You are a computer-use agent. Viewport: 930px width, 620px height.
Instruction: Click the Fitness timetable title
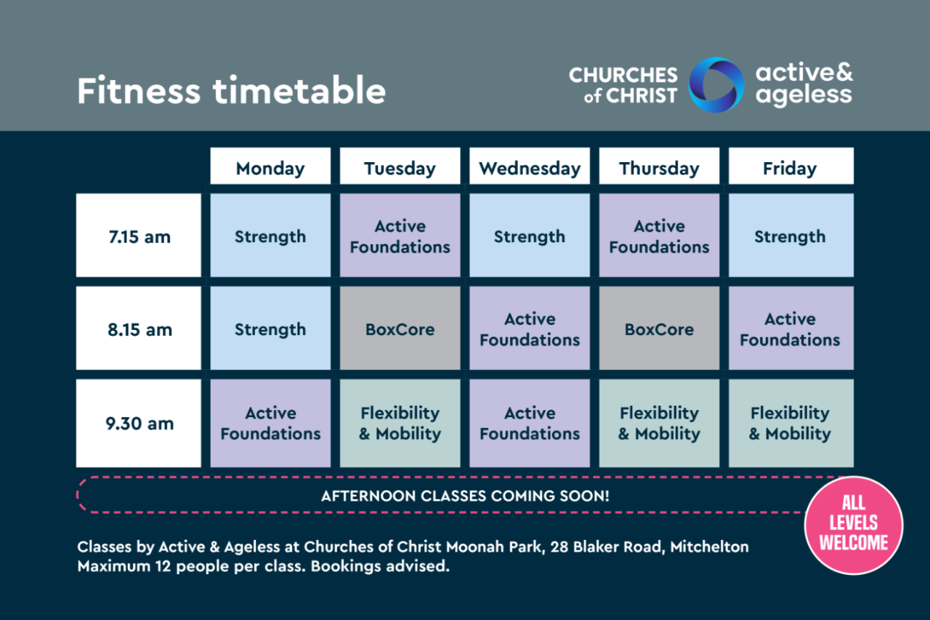point(231,90)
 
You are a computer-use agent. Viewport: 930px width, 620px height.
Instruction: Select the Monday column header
point(270,166)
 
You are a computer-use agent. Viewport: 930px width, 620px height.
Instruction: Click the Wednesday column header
point(530,166)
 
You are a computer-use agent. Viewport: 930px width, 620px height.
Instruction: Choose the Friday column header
point(791,166)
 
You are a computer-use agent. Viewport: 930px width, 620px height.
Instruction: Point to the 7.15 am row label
point(139,235)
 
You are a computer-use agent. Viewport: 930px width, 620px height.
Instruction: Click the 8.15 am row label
point(139,328)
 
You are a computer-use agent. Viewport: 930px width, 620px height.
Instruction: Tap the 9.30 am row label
point(139,423)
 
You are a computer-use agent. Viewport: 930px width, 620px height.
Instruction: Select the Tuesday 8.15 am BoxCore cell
point(400,328)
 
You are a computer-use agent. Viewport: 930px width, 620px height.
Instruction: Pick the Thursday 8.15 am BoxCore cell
point(659,328)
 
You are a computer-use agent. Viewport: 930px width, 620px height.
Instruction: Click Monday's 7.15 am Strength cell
point(270,235)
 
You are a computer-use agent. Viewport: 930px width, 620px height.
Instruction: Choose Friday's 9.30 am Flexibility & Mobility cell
point(791,423)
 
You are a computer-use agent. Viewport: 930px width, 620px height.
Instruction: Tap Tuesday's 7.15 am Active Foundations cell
point(400,235)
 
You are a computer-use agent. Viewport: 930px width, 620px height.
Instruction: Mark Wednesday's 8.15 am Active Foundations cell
point(530,328)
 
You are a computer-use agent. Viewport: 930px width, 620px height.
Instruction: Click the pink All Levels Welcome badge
point(854,526)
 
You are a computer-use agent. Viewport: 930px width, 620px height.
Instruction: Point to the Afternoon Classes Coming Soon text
point(465,496)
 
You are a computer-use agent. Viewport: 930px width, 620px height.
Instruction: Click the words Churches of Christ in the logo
point(623,85)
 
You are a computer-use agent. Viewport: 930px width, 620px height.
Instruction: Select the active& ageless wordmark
point(804,84)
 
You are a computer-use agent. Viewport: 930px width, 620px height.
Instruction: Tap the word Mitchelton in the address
point(710,547)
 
